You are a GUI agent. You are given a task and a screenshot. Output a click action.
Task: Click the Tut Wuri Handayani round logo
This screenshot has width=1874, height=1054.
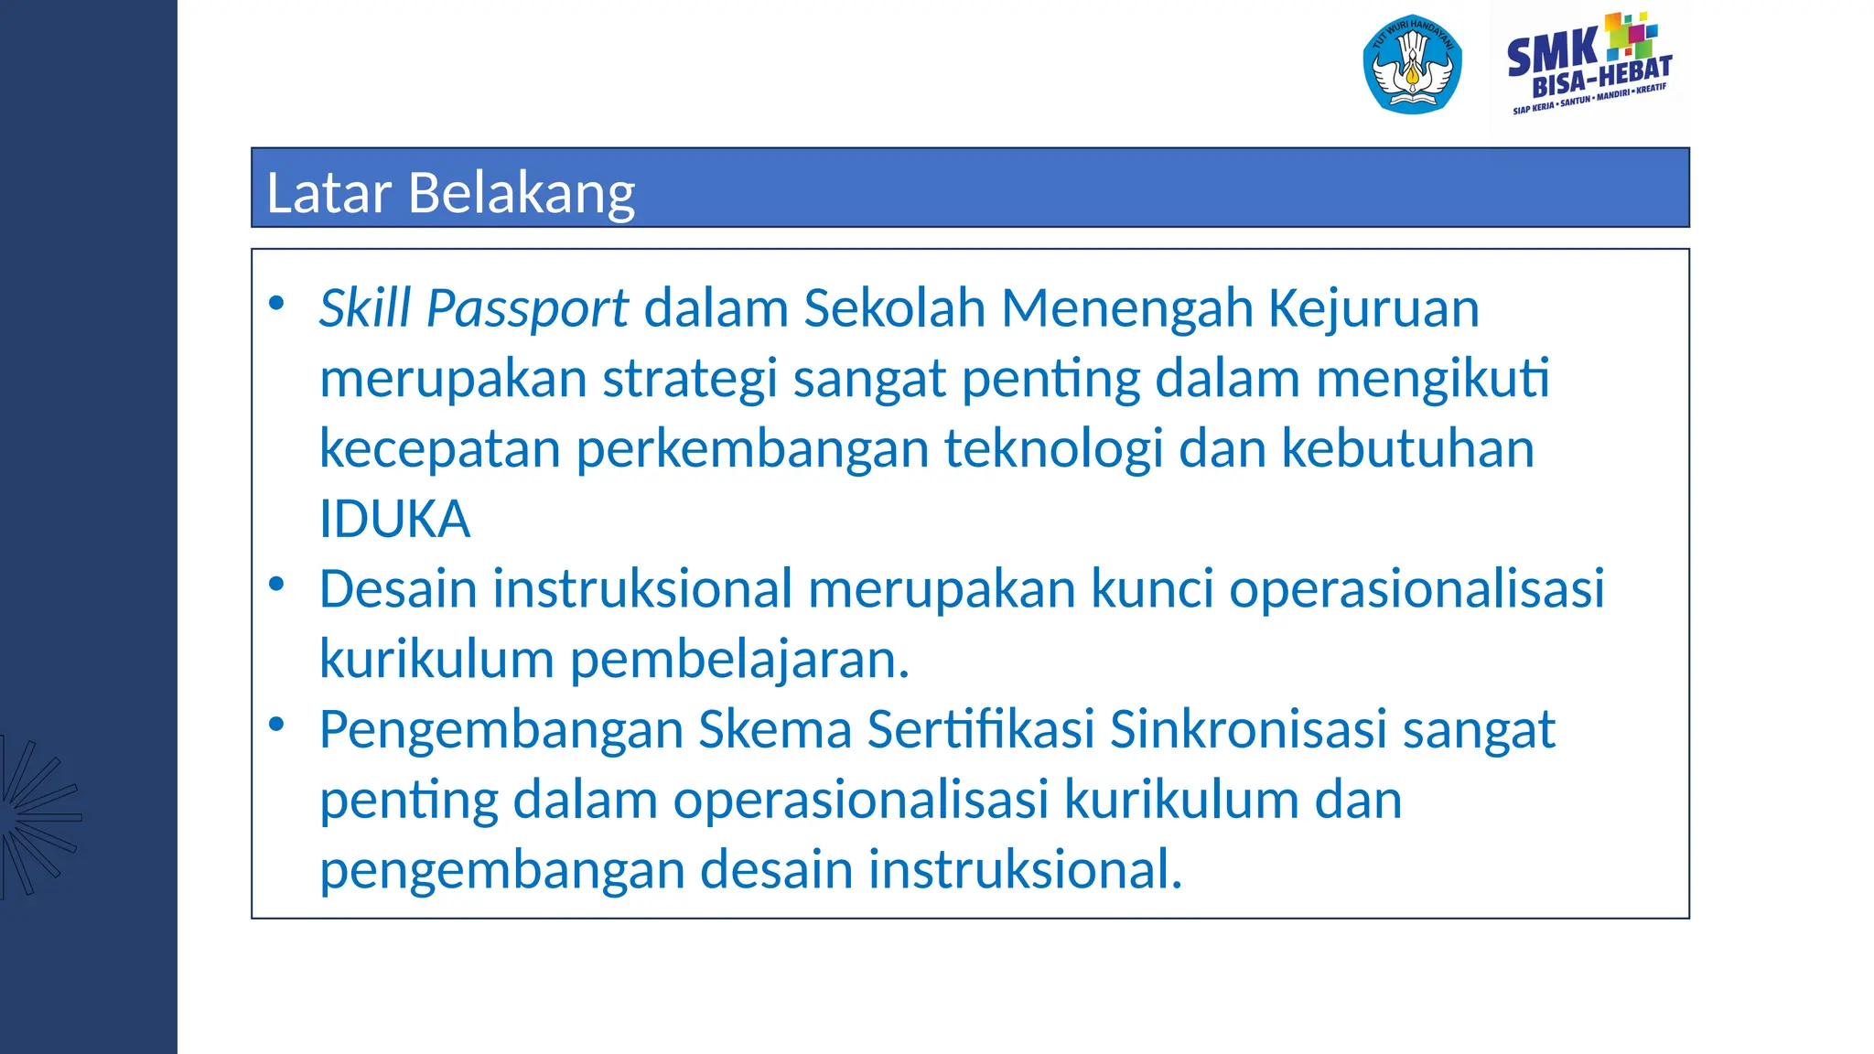point(1412,65)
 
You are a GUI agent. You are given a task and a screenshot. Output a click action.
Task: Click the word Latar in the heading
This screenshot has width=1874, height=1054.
point(328,193)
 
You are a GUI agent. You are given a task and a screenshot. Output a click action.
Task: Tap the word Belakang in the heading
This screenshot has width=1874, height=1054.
point(522,193)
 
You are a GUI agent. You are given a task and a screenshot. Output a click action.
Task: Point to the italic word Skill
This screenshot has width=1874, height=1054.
point(365,308)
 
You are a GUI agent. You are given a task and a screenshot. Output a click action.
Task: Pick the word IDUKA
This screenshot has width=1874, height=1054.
point(394,519)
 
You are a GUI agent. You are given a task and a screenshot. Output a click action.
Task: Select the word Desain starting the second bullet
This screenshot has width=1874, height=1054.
point(398,588)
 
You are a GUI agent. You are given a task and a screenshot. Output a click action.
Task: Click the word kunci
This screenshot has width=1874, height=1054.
point(1152,588)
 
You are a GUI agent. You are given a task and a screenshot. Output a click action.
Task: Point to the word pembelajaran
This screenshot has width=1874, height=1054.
point(739,659)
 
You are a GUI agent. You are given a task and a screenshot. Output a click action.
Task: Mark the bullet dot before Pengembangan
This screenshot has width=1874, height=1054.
point(276,725)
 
